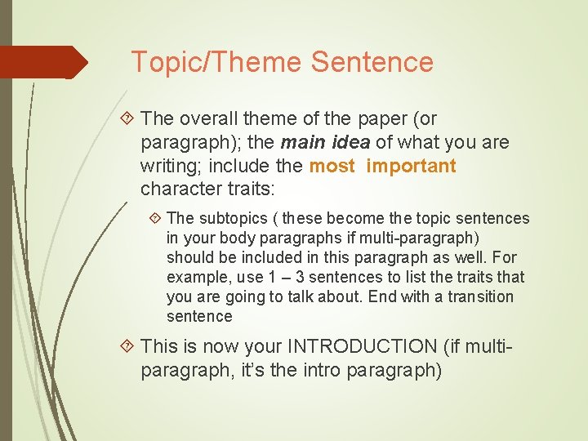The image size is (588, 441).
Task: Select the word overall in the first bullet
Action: (206, 119)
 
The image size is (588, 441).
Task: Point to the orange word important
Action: (411, 167)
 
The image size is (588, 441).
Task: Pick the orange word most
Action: (332, 167)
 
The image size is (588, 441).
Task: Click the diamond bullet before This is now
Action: (127, 346)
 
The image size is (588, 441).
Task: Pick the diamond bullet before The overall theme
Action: (127, 119)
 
